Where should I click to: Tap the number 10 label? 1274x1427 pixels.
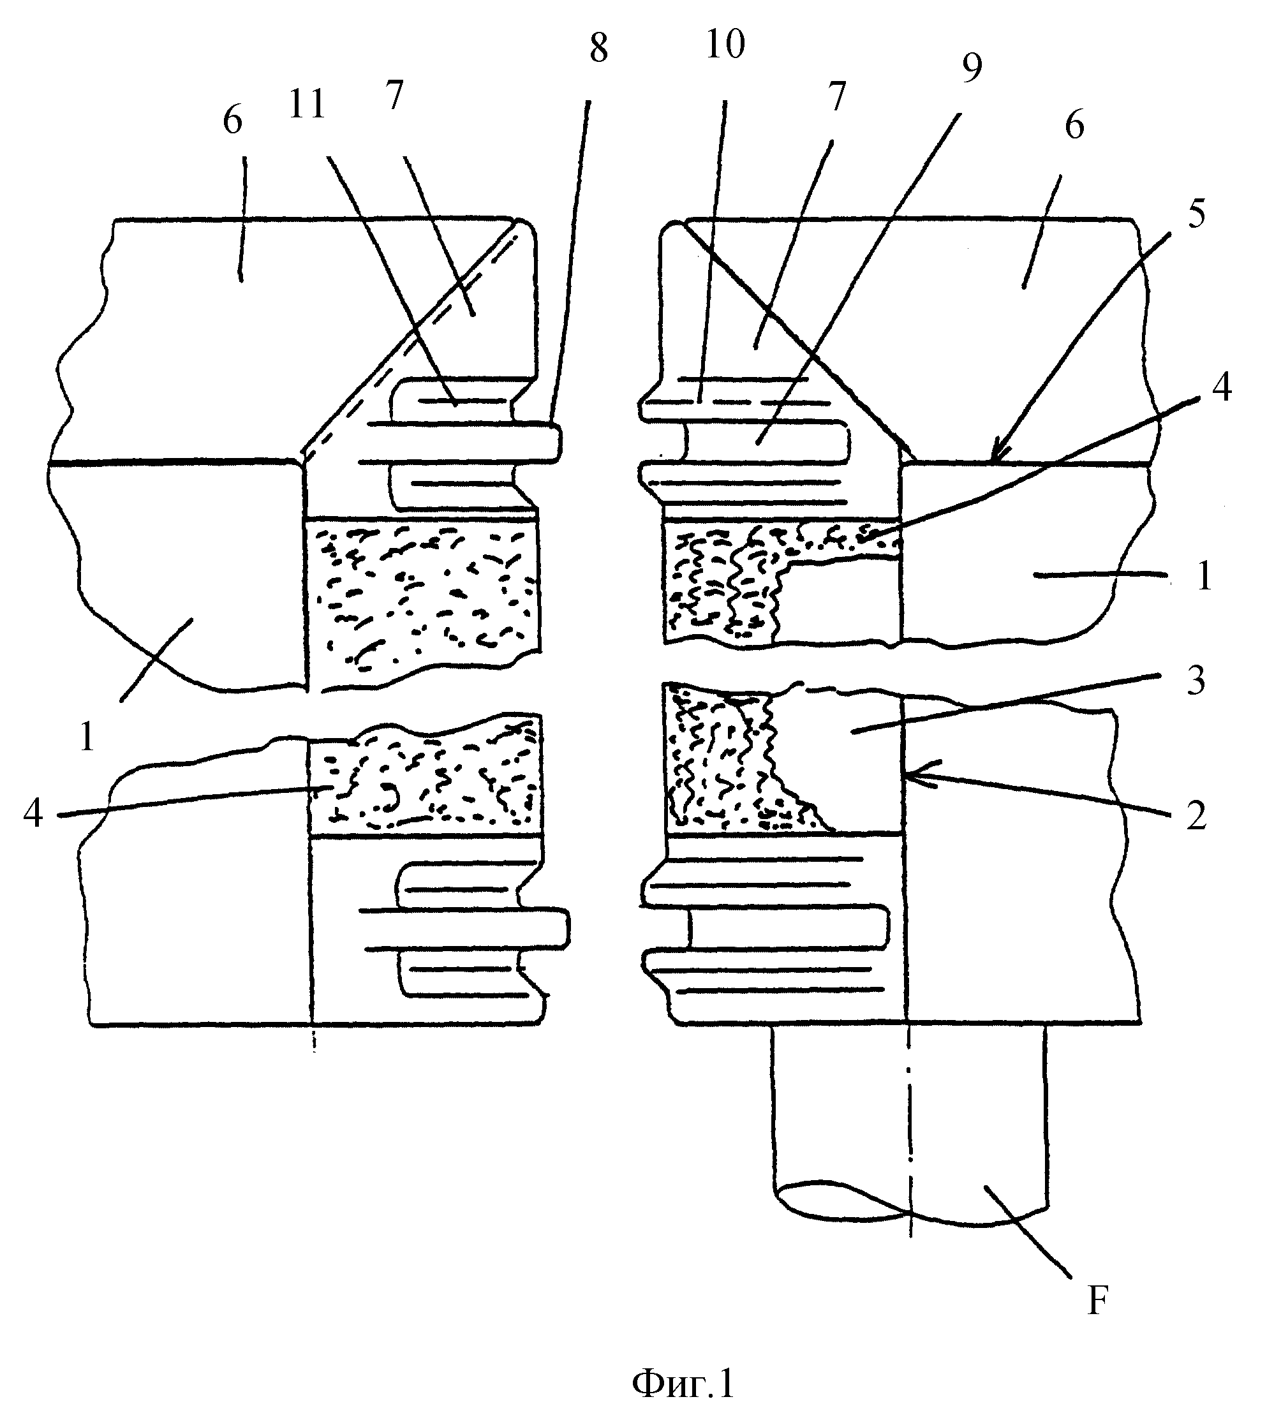click(x=725, y=45)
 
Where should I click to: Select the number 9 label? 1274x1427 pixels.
click(x=972, y=67)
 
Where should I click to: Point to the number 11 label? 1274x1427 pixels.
click(x=307, y=105)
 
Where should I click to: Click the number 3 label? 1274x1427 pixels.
click(x=1196, y=680)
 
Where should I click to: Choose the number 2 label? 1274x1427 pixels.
click(x=1196, y=815)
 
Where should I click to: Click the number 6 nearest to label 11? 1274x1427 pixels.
click(x=232, y=121)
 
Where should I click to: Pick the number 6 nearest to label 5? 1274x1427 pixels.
click(x=1074, y=126)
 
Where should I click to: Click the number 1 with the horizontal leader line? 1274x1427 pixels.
click(x=1203, y=578)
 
